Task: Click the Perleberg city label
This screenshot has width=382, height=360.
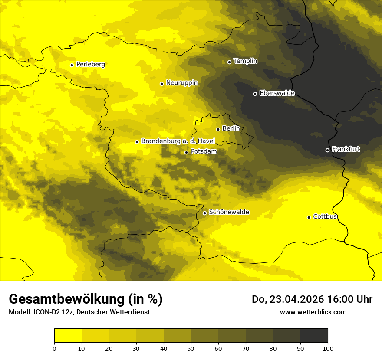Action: tap(90, 65)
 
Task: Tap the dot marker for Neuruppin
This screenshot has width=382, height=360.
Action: tap(161, 84)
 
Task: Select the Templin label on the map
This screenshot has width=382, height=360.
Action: tap(245, 61)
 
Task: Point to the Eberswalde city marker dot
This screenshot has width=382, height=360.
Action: tap(255, 94)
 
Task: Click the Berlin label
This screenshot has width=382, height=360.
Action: tap(231, 129)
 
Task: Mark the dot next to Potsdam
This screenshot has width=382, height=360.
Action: tap(186, 152)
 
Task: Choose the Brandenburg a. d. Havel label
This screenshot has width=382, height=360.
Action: tap(178, 141)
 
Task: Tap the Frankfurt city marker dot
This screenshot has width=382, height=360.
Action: tap(327, 150)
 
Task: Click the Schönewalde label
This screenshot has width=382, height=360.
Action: tap(229, 212)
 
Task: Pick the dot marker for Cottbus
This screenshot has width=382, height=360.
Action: tap(309, 217)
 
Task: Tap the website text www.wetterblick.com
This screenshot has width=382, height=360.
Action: tap(313, 312)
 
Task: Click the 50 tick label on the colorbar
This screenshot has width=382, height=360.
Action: tap(191, 348)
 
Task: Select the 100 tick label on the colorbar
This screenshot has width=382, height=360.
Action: tap(328, 348)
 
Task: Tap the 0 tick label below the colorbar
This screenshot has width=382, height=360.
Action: tap(54, 348)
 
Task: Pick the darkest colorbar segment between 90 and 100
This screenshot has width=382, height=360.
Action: tap(314, 336)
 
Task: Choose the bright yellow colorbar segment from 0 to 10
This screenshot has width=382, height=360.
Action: tap(68, 336)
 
